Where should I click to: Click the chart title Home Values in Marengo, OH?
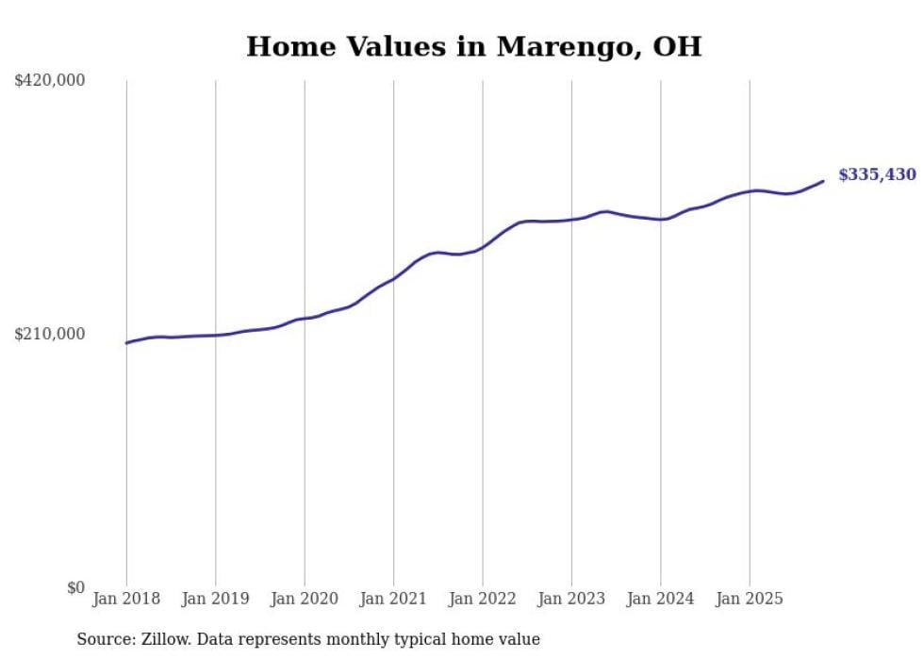point(473,46)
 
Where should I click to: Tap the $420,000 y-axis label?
point(50,81)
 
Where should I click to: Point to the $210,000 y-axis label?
point(50,334)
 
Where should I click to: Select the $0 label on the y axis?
point(75,588)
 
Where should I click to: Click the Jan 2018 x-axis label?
point(126,599)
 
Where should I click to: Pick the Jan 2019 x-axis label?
point(215,599)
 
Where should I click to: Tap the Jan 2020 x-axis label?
point(305,599)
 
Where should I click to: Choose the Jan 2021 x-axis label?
point(393,599)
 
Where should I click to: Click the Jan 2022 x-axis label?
point(483,599)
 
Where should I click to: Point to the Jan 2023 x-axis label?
point(571,599)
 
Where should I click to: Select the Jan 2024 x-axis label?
point(661,599)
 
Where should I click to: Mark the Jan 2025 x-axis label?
point(750,599)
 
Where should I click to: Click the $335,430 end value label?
point(877,174)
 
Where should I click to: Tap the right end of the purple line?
point(823,181)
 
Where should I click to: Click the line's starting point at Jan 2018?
point(126,342)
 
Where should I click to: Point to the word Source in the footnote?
point(101,639)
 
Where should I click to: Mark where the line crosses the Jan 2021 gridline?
point(393,278)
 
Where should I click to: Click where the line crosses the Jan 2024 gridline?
point(661,219)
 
